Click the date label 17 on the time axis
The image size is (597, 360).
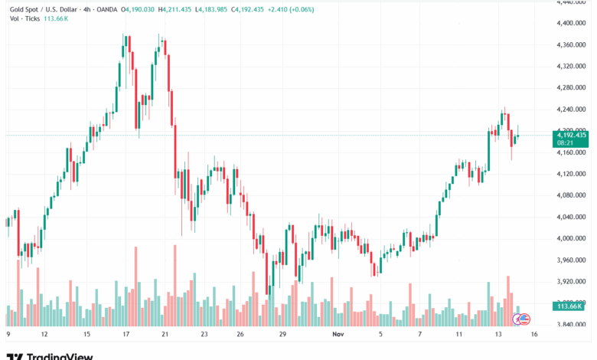[x=126, y=335]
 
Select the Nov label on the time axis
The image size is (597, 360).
[x=338, y=335]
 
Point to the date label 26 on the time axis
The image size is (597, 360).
[x=240, y=335]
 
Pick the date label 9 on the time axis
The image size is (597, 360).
[x=8, y=335]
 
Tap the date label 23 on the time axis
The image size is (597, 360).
[x=204, y=335]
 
